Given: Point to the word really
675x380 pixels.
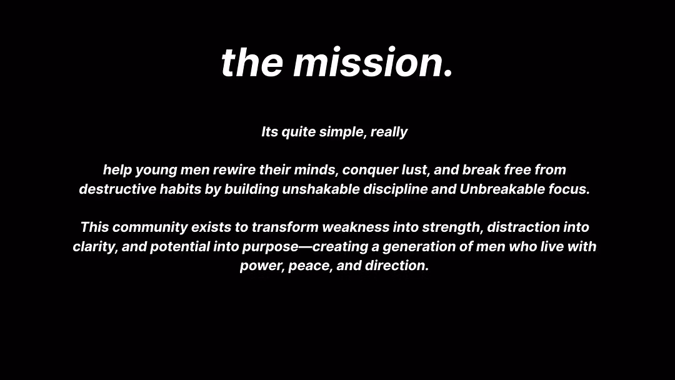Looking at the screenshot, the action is tap(389, 132).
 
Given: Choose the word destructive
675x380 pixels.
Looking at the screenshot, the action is tap(117, 189).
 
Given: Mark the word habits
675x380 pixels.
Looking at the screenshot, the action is tap(180, 189).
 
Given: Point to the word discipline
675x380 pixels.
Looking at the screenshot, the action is tap(395, 189).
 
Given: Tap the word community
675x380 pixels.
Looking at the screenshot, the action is tap(150, 227).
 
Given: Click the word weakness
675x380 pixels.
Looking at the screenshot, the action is tap(356, 227).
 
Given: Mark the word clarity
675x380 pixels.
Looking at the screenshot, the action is tap(95, 247).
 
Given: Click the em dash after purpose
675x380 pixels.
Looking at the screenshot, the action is tap(305, 247).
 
